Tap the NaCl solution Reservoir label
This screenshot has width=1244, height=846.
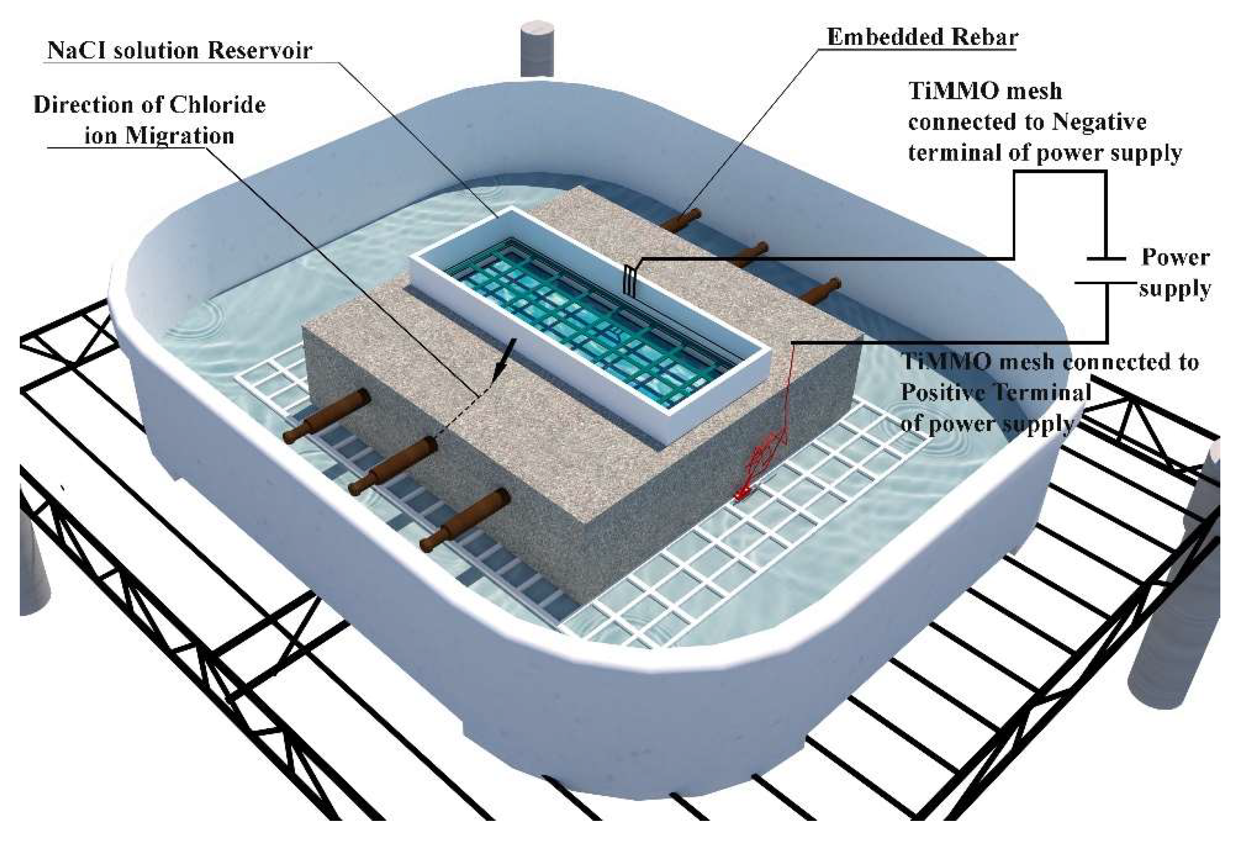coord(179,50)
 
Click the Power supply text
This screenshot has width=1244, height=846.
coord(1175,273)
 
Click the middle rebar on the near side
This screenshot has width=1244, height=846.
coord(393,465)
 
